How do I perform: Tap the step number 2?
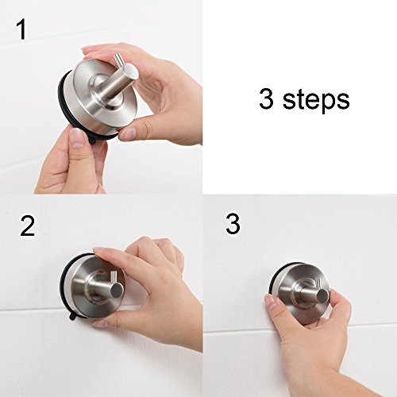click(28, 227)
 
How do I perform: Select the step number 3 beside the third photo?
click(233, 224)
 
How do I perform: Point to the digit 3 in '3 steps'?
click(266, 99)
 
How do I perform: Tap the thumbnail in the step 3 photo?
click(273, 303)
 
